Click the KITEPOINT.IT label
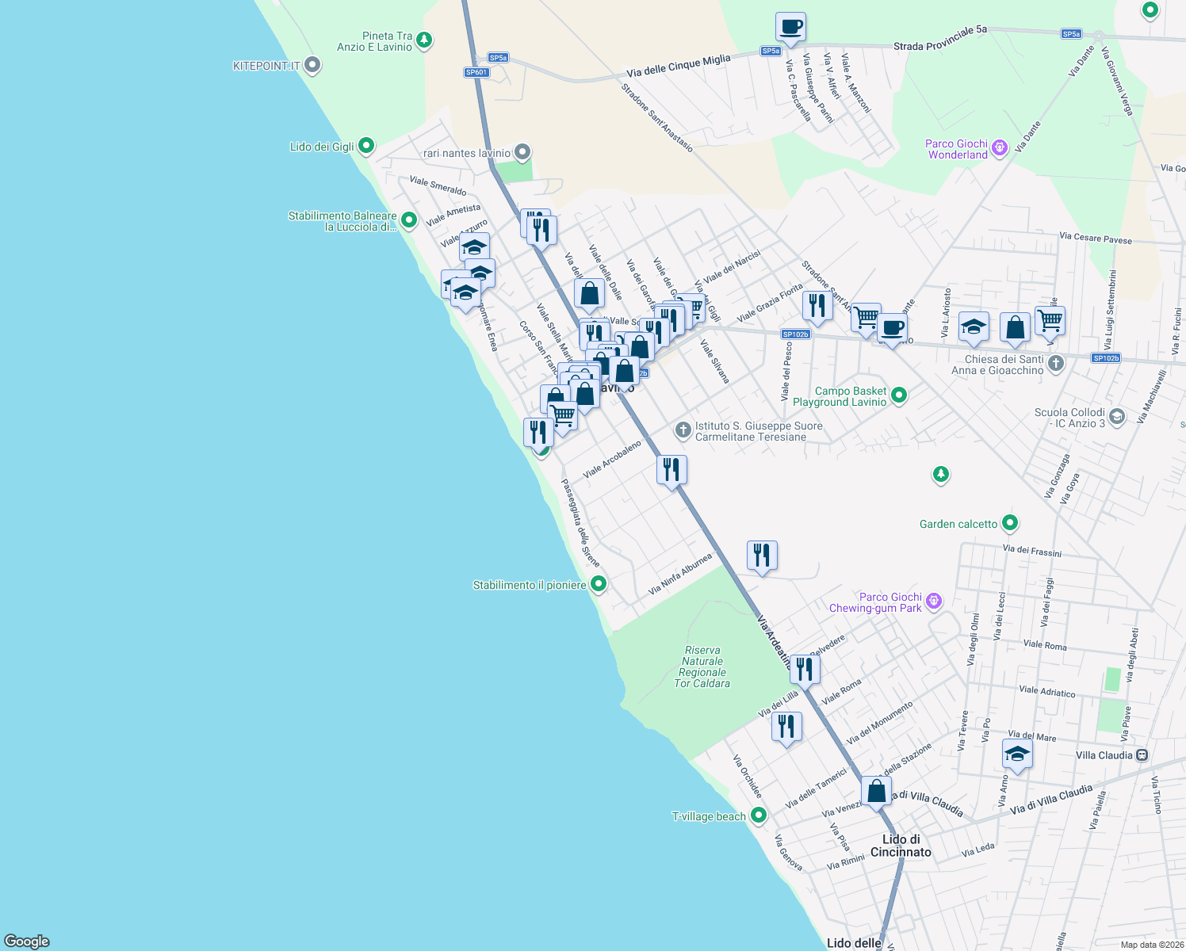click(x=266, y=66)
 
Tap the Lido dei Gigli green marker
click(x=365, y=146)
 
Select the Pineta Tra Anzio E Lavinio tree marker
click(x=424, y=40)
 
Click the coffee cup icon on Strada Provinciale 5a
click(x=790, y=28)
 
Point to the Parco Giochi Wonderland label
click(x=957, y=149)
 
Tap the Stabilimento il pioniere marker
click(x=599, y=584)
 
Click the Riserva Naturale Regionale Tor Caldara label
click(x=702, y=666)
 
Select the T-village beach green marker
click(x=759, y=815)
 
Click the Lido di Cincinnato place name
click(x=901, y=846)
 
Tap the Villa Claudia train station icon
click(x=1142, y=755)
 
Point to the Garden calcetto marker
click(x=1009, y=523)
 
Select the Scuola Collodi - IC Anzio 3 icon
click(x=1117, y=417)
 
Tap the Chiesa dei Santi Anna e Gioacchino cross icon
click(x=1055, y=364)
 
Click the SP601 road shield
click(x=476, y=72)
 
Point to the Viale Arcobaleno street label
click(x=612, y=460)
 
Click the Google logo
click(x=27, y=941)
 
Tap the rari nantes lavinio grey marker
click(x=522, y=152)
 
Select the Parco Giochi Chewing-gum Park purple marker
click(x=934, y=602)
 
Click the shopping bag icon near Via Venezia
click(x=877, y=792)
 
